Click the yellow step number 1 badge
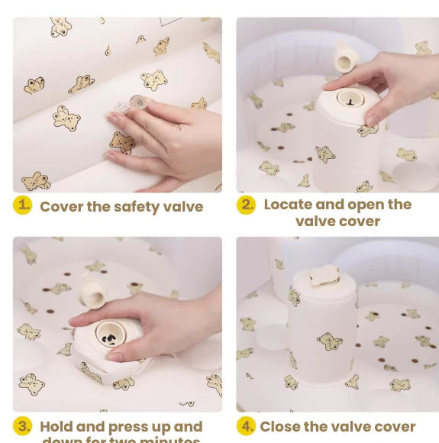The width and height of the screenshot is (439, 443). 23,205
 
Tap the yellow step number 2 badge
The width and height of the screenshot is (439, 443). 246,205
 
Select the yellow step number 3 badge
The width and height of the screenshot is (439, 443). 23,426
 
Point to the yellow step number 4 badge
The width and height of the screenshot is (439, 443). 246,425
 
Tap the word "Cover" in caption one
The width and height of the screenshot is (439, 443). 61,207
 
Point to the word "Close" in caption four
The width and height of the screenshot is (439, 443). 282,427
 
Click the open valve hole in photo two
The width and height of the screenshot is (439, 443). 350,98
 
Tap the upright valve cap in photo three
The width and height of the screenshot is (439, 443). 92,289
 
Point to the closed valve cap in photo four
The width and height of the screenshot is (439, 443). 324,275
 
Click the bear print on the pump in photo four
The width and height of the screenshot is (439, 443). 329,341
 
